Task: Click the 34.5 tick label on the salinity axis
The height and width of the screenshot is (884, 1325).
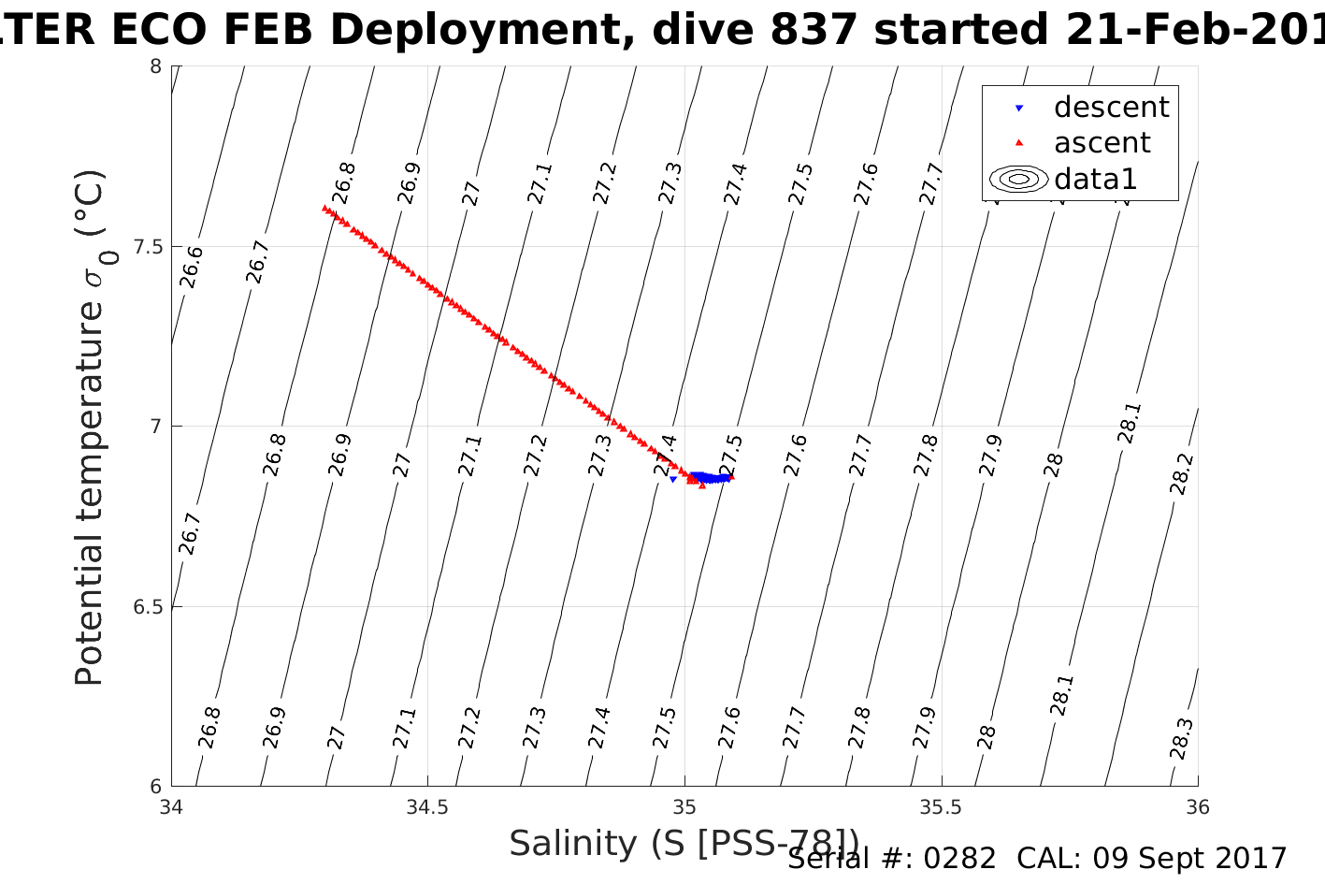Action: tap(427, 806)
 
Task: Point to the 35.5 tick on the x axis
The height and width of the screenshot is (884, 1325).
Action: tap(941, 806)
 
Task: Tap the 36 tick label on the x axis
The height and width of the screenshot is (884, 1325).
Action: tap(1197, 806)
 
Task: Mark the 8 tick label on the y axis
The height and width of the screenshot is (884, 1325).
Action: tap(156, 66)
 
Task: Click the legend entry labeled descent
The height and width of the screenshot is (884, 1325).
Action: tap(1111, 108)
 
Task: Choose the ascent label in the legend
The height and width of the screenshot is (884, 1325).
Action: tap(1102, 143)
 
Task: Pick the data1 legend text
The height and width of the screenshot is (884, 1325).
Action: tap(1095, 179)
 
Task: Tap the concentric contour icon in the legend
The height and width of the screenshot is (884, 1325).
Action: tap(1019, 179)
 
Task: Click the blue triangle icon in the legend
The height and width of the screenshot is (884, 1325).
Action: tap(1019, 109)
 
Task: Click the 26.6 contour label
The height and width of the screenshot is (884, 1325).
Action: tap(191, 267)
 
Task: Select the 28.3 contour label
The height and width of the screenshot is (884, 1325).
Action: tap(1180, 739)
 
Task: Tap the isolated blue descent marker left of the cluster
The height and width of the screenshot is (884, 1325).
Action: tap(672, 479)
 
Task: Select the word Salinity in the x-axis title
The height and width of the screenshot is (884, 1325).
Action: tap(559, 844)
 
